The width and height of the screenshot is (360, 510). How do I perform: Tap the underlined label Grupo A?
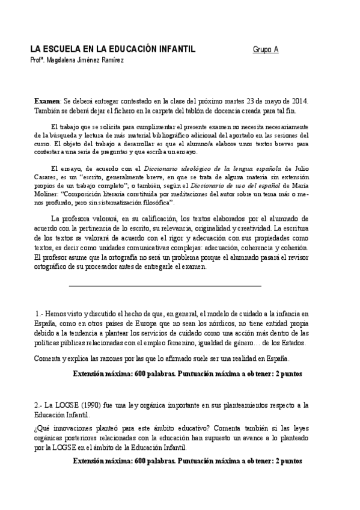tap(265, 50)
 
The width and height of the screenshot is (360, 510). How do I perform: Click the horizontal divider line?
tap(165, 286)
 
